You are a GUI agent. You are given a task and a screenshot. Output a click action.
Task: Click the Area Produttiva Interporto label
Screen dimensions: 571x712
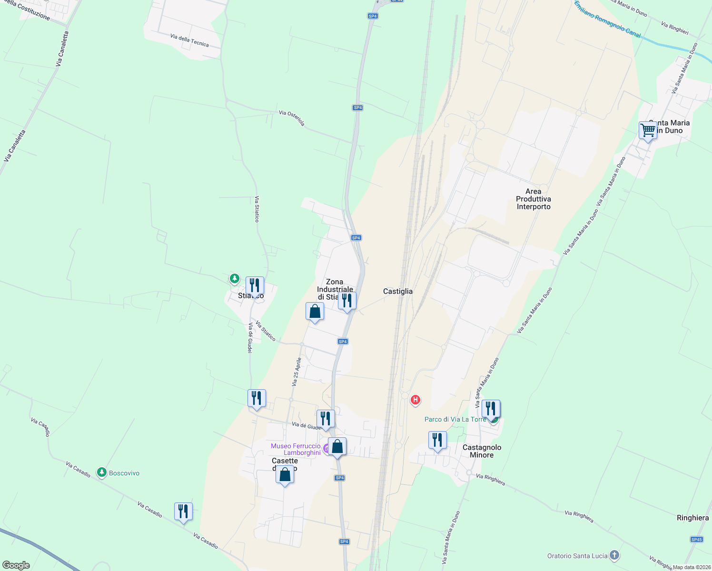tap(534, 199)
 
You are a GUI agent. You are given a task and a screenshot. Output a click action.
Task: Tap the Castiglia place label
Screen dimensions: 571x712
tap(398, 291)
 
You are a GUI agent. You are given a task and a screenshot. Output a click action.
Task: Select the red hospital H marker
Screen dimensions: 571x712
tap(415, 400)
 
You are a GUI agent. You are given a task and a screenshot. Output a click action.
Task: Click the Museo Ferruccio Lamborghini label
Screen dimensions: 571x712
tap(296, 449)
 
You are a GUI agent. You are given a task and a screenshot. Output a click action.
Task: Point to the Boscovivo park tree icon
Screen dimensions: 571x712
tap(101, 473)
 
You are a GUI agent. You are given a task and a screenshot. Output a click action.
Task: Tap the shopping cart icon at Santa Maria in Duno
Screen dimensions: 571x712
tap(648, 130)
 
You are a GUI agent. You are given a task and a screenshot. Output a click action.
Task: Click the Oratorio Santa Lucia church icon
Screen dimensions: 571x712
tap(614, 555)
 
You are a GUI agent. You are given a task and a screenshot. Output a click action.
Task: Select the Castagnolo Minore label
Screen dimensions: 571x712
tap(482, 451)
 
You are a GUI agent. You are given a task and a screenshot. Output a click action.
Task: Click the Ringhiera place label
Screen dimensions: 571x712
tap(692, 518)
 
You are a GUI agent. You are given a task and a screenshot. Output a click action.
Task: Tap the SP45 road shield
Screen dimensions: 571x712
tap(696, 539)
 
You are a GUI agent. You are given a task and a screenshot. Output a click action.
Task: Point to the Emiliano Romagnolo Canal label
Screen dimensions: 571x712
tap(607, 20)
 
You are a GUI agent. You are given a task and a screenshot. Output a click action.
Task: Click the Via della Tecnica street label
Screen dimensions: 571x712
tap(189, 40)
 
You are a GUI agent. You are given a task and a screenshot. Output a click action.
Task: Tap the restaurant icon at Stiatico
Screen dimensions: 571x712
tap(255, 285)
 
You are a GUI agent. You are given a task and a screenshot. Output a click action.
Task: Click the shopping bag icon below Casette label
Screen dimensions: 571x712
tap(285, 475)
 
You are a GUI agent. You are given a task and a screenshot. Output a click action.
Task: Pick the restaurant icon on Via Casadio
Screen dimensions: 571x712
tap(183, 512)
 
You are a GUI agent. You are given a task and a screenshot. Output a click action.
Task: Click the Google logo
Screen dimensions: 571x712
tap(16, 565)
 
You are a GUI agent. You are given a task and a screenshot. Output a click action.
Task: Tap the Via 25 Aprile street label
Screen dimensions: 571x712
tap(297, 371)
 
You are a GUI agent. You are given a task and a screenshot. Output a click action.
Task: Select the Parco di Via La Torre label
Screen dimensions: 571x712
tap(455, 419)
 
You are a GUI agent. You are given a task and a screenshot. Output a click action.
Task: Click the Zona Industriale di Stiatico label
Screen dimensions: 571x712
tap(335, 289)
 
